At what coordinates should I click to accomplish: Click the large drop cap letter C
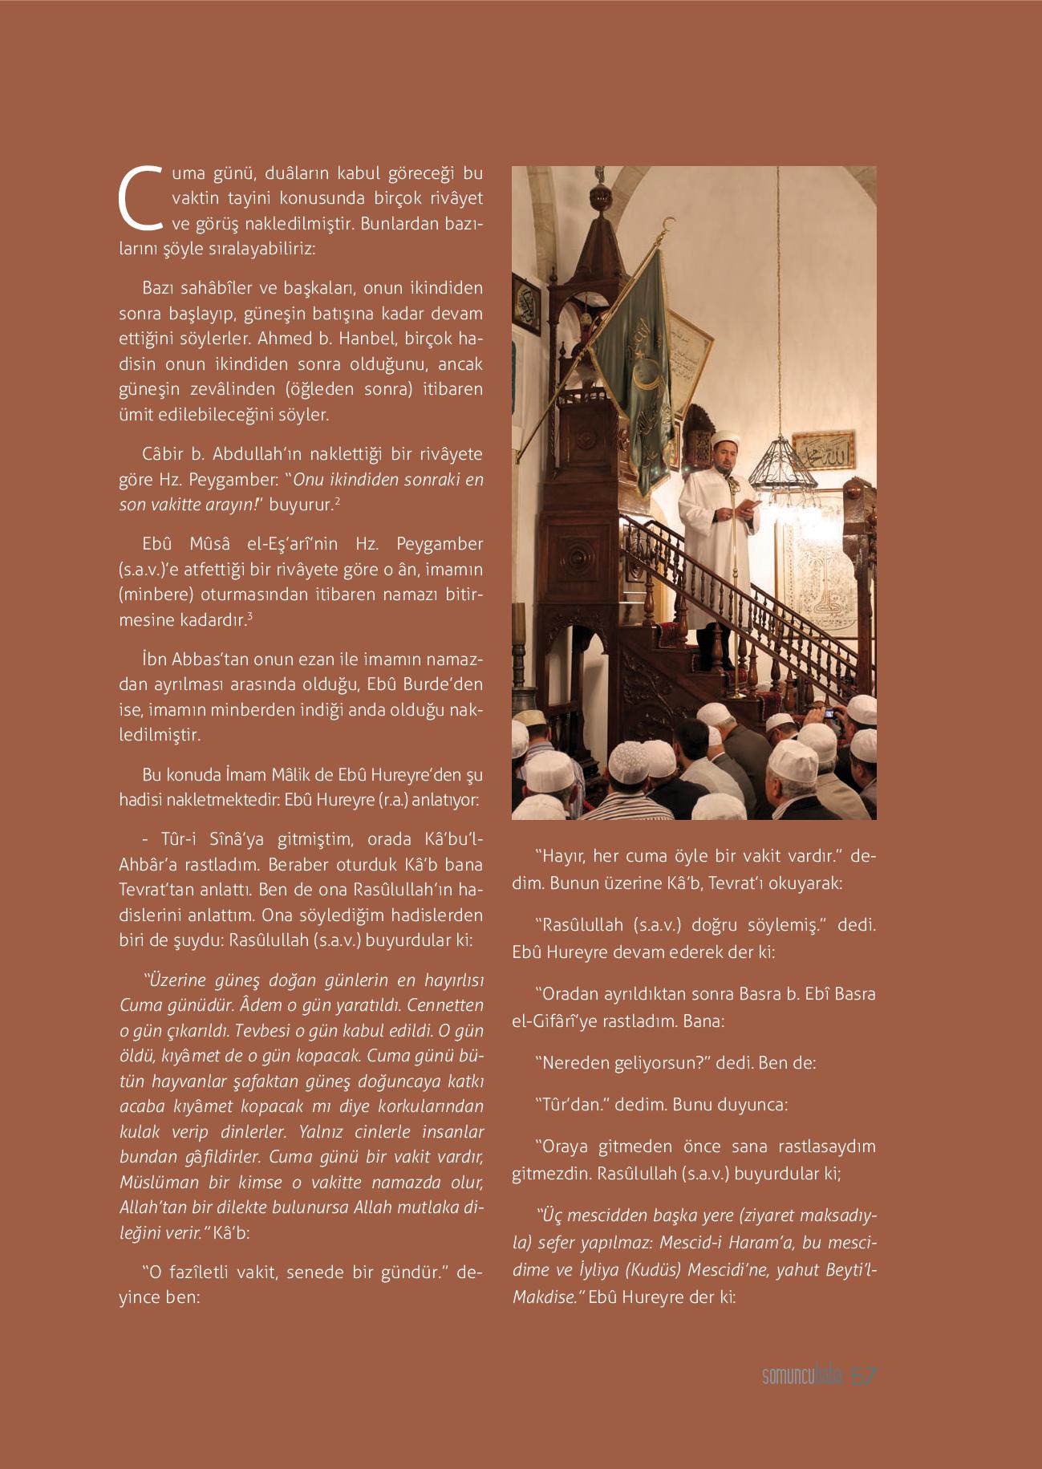click(x=139, y=197)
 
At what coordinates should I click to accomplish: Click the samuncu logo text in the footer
click(x=789, y=1399)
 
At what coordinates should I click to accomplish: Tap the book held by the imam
click(x=751, y=504)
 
